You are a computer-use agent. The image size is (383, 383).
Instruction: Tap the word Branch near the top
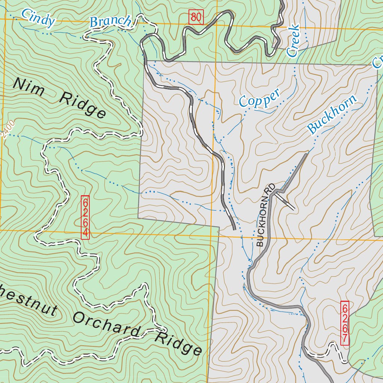point(111,22)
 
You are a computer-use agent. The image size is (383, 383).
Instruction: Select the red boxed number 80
point(196,17)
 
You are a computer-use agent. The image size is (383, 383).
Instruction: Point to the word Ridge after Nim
point(83,105)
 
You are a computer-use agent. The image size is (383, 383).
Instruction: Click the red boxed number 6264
point(85,217)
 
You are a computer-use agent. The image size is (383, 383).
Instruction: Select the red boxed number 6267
point(345,323)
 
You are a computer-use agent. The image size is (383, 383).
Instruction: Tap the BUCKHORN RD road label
point(266,215)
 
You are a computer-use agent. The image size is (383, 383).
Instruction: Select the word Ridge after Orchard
point(178,342)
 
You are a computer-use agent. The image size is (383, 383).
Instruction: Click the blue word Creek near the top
point(293,41)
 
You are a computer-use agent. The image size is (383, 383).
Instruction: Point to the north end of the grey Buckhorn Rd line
point(307,154)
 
